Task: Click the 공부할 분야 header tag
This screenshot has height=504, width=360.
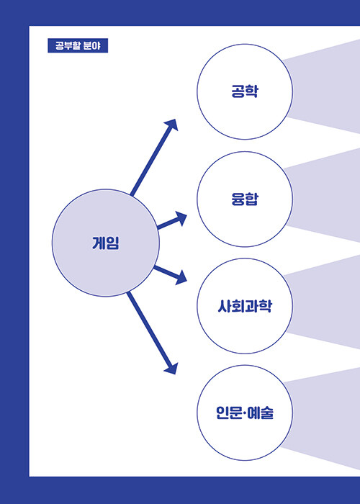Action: pos(78,45)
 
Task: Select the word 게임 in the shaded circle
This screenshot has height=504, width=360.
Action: pos(105,243)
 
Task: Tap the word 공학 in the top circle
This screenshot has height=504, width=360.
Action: pos(245,91)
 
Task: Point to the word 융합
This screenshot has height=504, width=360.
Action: pos(245,199)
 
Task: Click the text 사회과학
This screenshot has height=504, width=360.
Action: pos(245,306)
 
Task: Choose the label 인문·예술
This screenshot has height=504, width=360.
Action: pos(245,413)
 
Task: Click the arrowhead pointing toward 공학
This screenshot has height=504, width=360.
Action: pos(172,125)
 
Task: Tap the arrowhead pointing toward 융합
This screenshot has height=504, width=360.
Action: pos(181,219)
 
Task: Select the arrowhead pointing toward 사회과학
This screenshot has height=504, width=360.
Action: pos(181,277)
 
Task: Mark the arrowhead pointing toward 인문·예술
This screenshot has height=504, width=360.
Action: pos(172,369)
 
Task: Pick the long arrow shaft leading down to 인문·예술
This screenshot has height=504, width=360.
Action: pos(149,330)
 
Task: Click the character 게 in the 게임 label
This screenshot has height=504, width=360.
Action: pos(99,243)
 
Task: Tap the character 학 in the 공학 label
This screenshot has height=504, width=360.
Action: pos(252,91)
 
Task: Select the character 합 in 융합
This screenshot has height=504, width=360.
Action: pos(252,199)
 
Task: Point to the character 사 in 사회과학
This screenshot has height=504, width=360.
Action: pos(225,306)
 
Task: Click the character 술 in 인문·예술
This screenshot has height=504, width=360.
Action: pos(267,413)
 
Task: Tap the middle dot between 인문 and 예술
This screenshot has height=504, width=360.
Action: pos(245,413)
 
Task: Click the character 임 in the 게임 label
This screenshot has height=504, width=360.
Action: pos(112,243)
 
